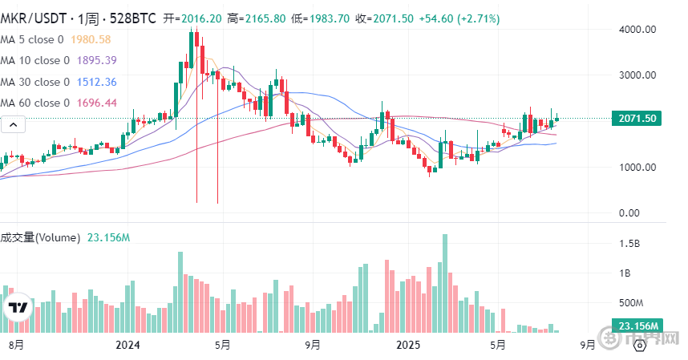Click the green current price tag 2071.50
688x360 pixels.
tap(638, 119)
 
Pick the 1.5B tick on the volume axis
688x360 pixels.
tap(629, 243)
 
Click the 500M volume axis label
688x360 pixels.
tap(631, 303)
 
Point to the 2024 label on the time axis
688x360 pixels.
tap(128, 345)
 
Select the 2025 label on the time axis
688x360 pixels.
tap(408, 345)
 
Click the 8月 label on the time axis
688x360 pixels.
tap(15, 345)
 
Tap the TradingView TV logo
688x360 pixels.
tap(18, 309)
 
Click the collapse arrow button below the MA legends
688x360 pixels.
tap(13, 124)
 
